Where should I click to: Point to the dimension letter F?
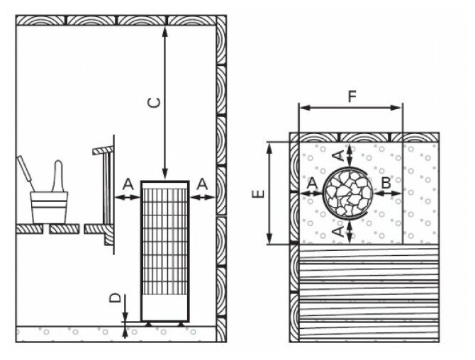click(x=352, y=98)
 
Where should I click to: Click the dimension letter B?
click(x=386, y=182)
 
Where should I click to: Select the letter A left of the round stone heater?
click(x=312, y=183)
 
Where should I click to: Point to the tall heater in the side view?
click(x=164, y=252)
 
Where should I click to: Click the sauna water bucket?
click(x=49, y=206)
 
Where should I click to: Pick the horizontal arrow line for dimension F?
click(x=351, y=109)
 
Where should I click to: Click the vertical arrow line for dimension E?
click(x=269, y=193)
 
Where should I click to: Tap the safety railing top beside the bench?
click(x=104, y=150)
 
